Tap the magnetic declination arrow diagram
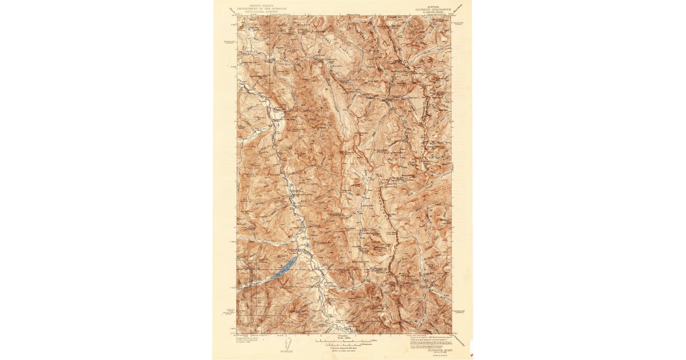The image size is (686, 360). pyautogui.click(x=289, y=343)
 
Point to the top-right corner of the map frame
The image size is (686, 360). pyautogui.click(x=451, y=15)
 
